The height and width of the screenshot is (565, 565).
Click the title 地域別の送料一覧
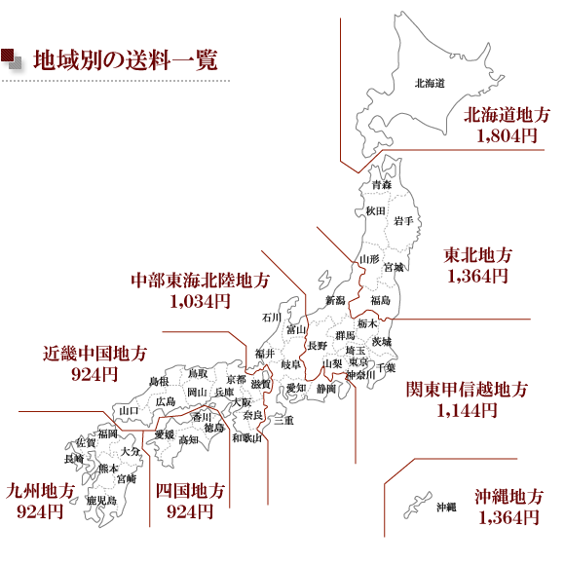click(125, 59)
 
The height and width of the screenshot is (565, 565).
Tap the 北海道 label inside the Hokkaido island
click(430, 83)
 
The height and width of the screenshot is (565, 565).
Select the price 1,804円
click(507, 135)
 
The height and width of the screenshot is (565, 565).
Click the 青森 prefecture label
click(381, 185)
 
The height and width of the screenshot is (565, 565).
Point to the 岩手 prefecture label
click(403, 220)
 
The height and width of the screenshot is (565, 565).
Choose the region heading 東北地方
click(477, 255)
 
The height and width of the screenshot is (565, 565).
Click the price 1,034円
click(200, 301)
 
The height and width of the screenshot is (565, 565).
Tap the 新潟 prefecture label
click(335, 300)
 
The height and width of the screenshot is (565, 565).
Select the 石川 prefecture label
click(272, 318)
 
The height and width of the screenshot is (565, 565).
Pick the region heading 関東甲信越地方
click(467, 389)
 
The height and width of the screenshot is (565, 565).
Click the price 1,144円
click(467, 410)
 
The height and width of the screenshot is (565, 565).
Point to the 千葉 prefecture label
click(386, 367)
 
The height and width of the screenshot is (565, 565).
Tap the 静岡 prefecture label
click(326, 389)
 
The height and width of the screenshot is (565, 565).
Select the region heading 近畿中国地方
click(94, 354)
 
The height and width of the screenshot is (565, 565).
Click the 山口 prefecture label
click(129, 410)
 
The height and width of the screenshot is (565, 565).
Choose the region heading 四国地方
click(190, 491)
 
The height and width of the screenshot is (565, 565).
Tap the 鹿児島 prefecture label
click(101, 500)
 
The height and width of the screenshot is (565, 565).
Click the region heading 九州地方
click(40, 491)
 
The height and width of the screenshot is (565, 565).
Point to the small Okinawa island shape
click(417, 505)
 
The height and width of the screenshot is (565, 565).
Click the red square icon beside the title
click(7, 55)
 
